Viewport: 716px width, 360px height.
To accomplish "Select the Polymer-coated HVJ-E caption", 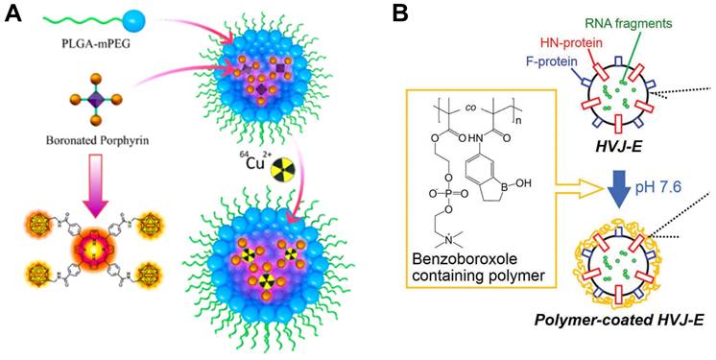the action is [600, 343].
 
